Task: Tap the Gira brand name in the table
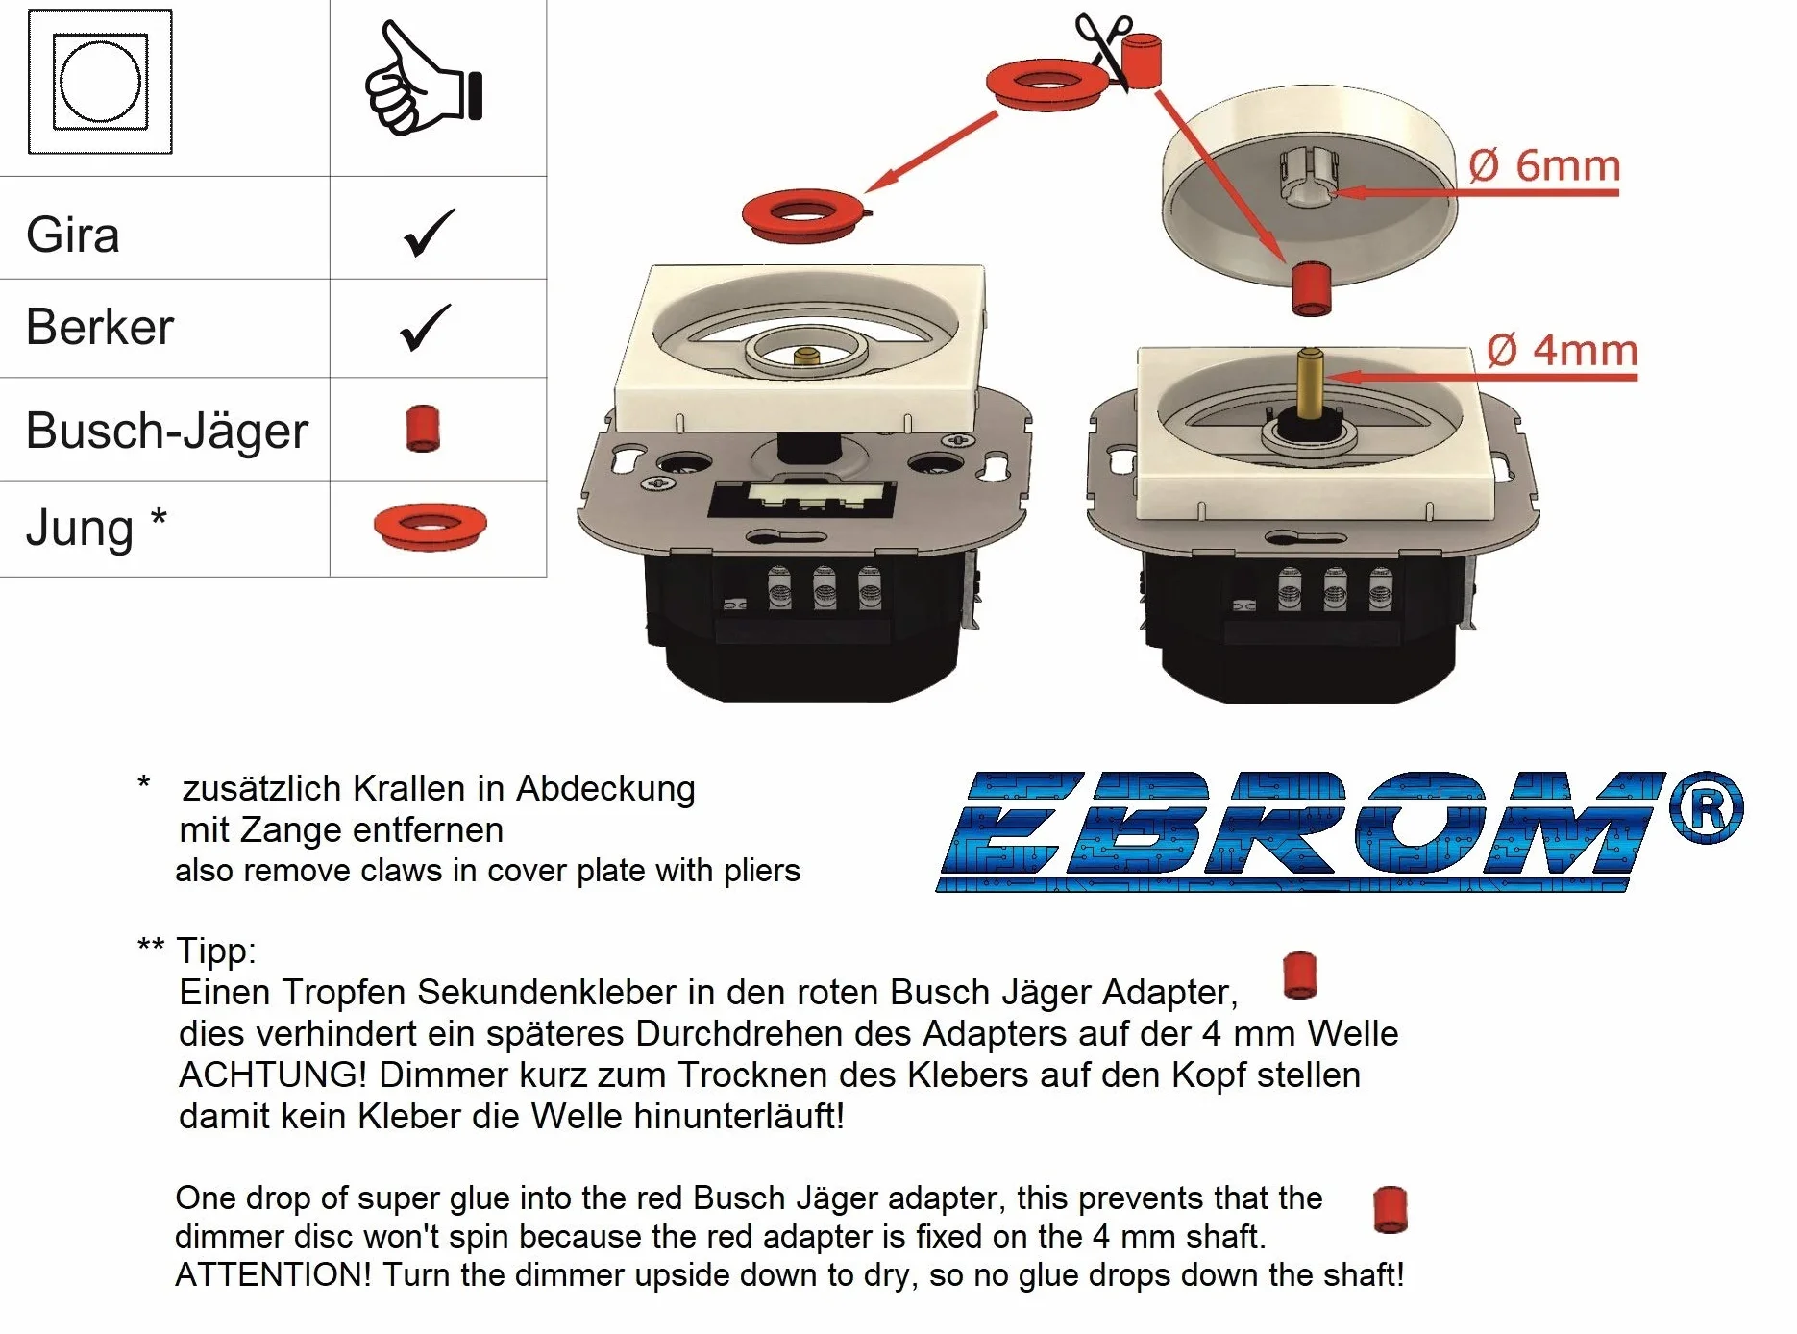point(73,235)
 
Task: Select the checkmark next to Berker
point(425,327)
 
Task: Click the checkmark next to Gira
point(429,233)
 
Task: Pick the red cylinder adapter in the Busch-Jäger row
point(423,429)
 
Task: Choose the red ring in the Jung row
point(431,526)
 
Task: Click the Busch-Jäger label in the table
point(167,431)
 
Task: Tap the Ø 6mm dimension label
point(1544,165)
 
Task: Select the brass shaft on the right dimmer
point(1309,384)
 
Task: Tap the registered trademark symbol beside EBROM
point(1706,807)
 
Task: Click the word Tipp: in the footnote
point(216,951)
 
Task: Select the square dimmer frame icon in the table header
point(100,82)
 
